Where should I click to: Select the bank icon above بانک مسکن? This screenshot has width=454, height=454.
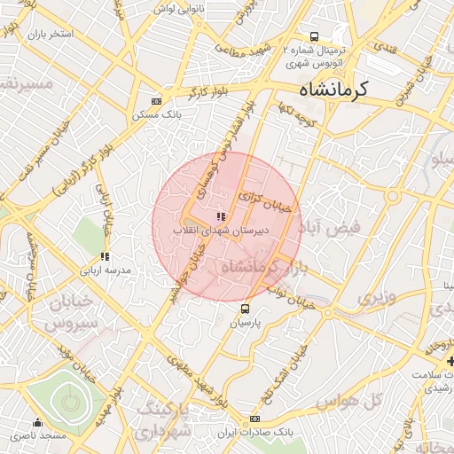click(157, 101)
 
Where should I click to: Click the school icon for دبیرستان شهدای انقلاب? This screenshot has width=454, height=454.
click(220, 216)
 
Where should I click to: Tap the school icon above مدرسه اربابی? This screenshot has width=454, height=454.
click(105, 257)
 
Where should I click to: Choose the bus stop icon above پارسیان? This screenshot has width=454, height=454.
click(245, 309)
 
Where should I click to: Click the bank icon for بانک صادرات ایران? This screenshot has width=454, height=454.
click(255, 419)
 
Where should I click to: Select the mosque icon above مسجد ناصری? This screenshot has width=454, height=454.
click(37, 423)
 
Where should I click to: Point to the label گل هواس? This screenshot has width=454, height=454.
click(379, 400)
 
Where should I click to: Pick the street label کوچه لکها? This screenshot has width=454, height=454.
click(295, 113)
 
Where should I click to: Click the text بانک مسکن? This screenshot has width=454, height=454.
click(157, 115)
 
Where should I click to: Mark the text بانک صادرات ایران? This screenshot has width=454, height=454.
click(254, 432)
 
